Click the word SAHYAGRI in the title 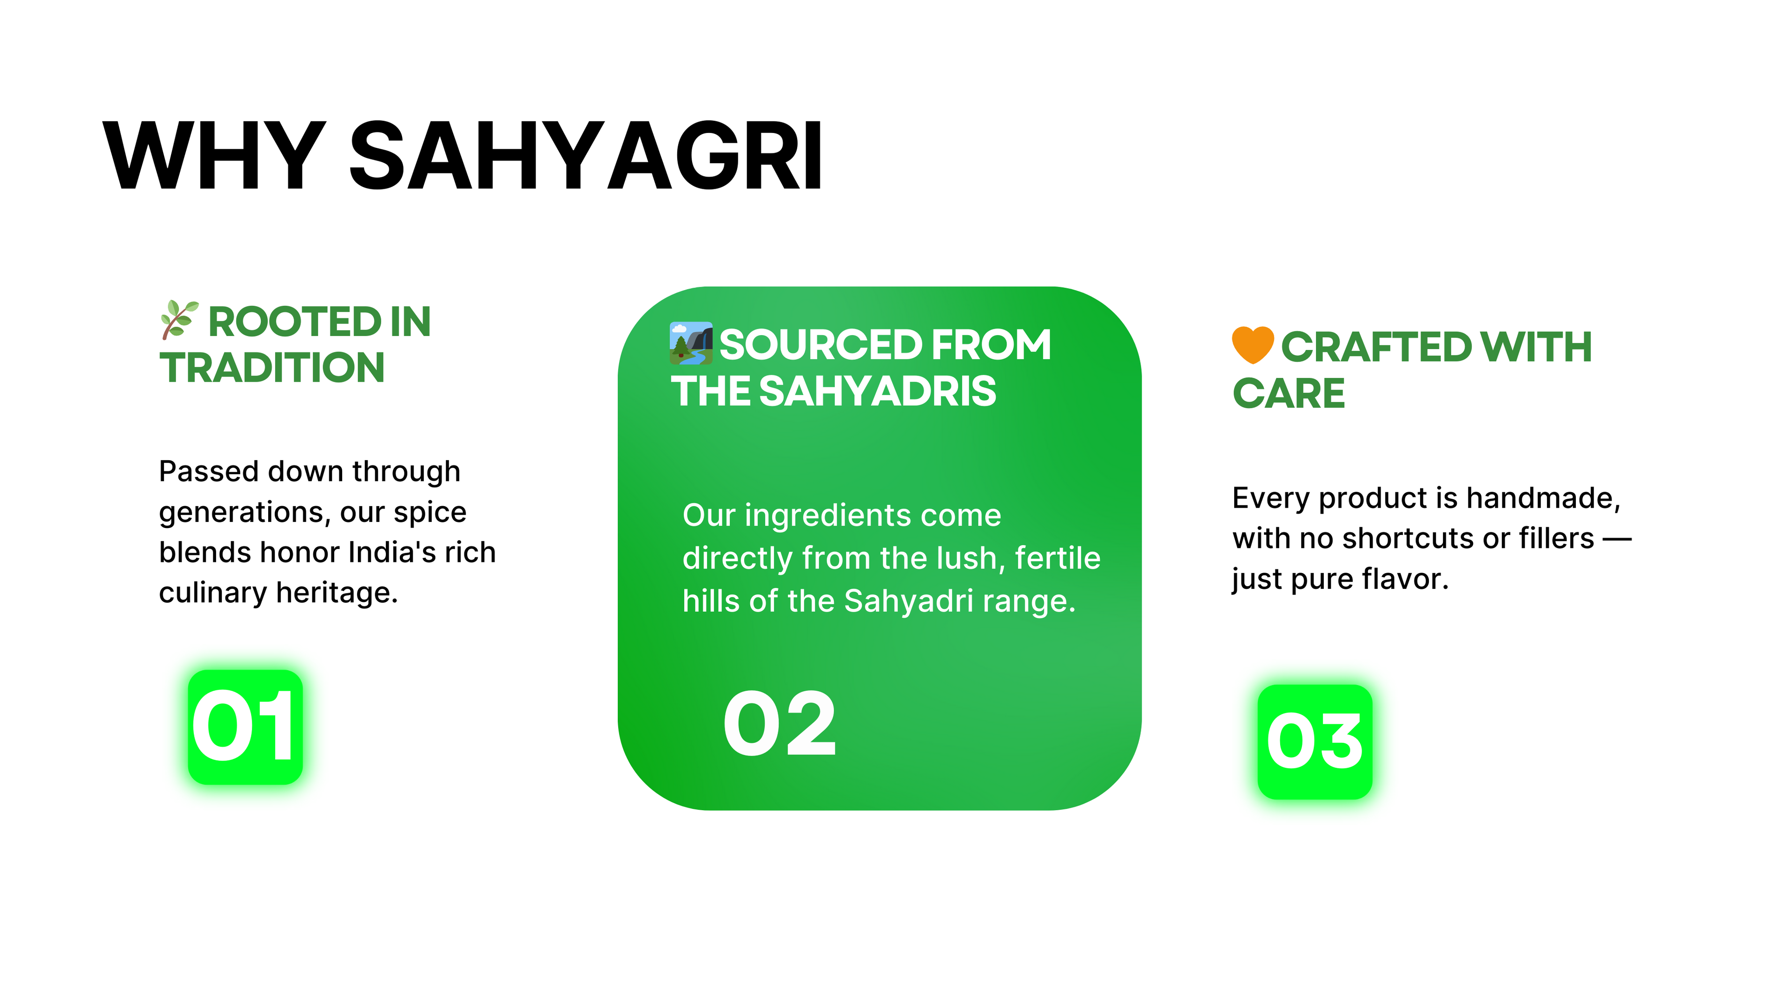pyautogui.click(x=586, y=155)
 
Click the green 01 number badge pyautogui.click(x=245, y=727)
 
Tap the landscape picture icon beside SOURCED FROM pyautogui.click(x=691, y=343)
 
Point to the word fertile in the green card pyautogui.click(x=1058, y=558)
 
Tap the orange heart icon pyautogui.click(x=1253, y=345)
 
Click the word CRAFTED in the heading pyautogui.click(x=1376, y=347)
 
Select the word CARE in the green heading pyautogui.click(x=1289, y=394)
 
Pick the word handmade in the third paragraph pyautogui.click(x=1543, y=498)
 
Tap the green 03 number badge pyautogui.click(x=1315, y=742)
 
